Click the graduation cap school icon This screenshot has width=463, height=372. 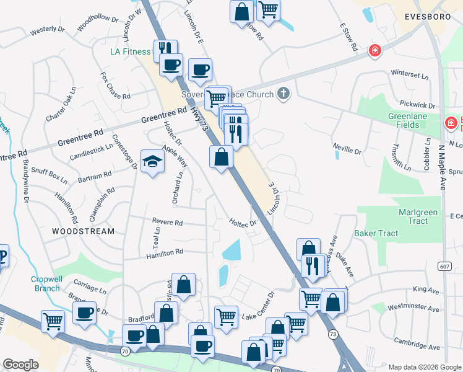152,162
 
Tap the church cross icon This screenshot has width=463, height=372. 283,94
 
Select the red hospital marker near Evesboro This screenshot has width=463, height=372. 374,51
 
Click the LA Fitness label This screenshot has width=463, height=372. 131,51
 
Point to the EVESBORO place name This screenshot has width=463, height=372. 426,17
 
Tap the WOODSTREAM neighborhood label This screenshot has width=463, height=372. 83,231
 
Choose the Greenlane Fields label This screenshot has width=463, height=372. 412,120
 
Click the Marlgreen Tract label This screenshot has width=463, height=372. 418,216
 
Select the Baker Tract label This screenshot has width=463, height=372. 376,233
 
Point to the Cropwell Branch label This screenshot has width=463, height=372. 46,283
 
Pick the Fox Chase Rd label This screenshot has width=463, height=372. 116,86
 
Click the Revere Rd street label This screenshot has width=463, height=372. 167,222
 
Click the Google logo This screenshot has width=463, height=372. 21,365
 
